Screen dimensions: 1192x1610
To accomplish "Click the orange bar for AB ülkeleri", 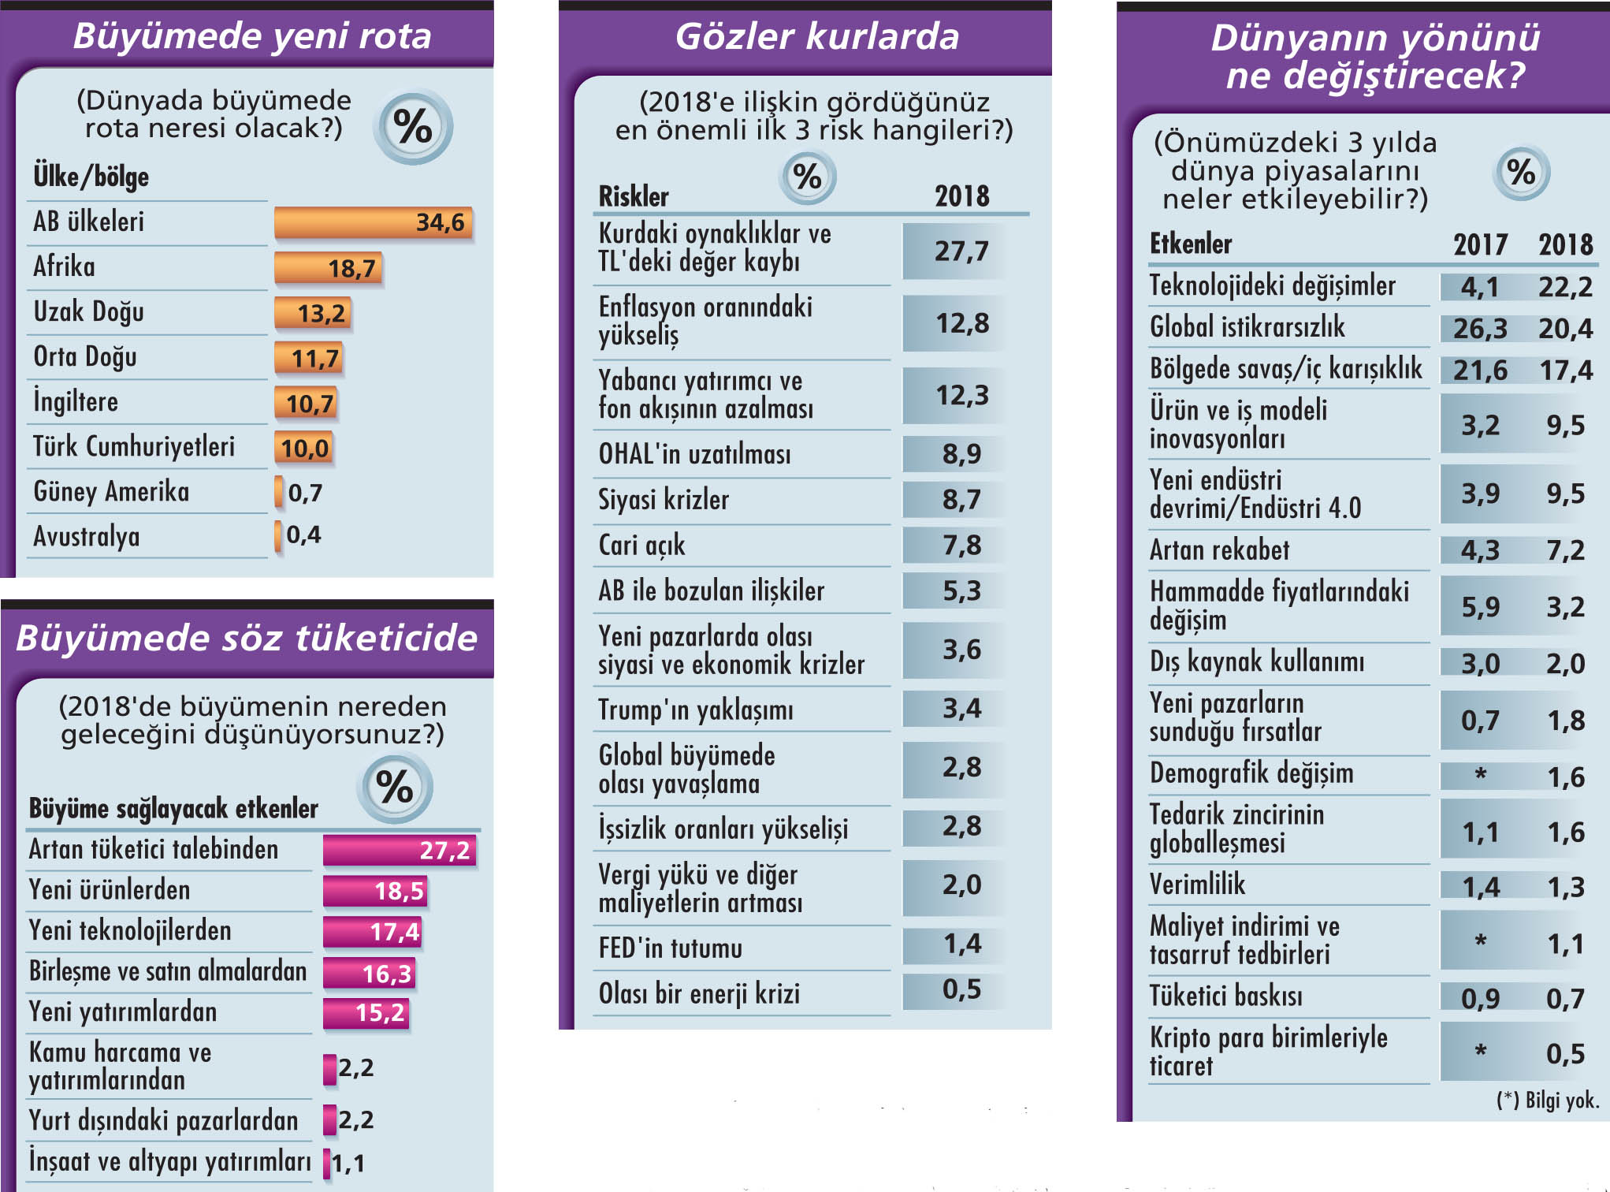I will point(373,222).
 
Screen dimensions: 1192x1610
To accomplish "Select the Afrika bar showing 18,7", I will point(328,268).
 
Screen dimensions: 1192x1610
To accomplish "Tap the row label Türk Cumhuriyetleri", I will point(134,446).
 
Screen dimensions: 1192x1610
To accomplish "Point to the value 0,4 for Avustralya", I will point(303,535).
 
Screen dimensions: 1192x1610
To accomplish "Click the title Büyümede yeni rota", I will point(252,36).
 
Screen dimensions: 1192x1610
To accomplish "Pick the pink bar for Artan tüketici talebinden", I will point(400,850).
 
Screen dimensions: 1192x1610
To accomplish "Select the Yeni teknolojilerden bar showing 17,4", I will point(373,932).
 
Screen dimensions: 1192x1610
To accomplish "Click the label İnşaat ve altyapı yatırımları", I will point(169,1161).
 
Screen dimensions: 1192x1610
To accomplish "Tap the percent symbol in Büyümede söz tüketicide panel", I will point(394,787).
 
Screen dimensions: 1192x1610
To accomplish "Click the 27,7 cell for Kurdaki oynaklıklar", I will point(961,251).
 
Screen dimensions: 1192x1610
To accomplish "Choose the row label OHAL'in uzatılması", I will point(694,454).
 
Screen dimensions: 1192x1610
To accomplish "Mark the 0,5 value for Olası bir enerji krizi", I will point(961,989).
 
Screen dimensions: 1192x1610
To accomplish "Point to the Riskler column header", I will point(634,196).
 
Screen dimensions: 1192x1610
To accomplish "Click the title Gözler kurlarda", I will point(816,36).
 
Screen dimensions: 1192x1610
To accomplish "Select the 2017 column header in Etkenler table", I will point(1480,244).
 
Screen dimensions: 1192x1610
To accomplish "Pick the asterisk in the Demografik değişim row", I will point(1480,774).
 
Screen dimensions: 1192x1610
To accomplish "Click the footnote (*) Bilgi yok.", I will point(1548,1101).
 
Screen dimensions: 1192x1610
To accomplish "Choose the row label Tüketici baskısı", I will point(1225,996).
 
